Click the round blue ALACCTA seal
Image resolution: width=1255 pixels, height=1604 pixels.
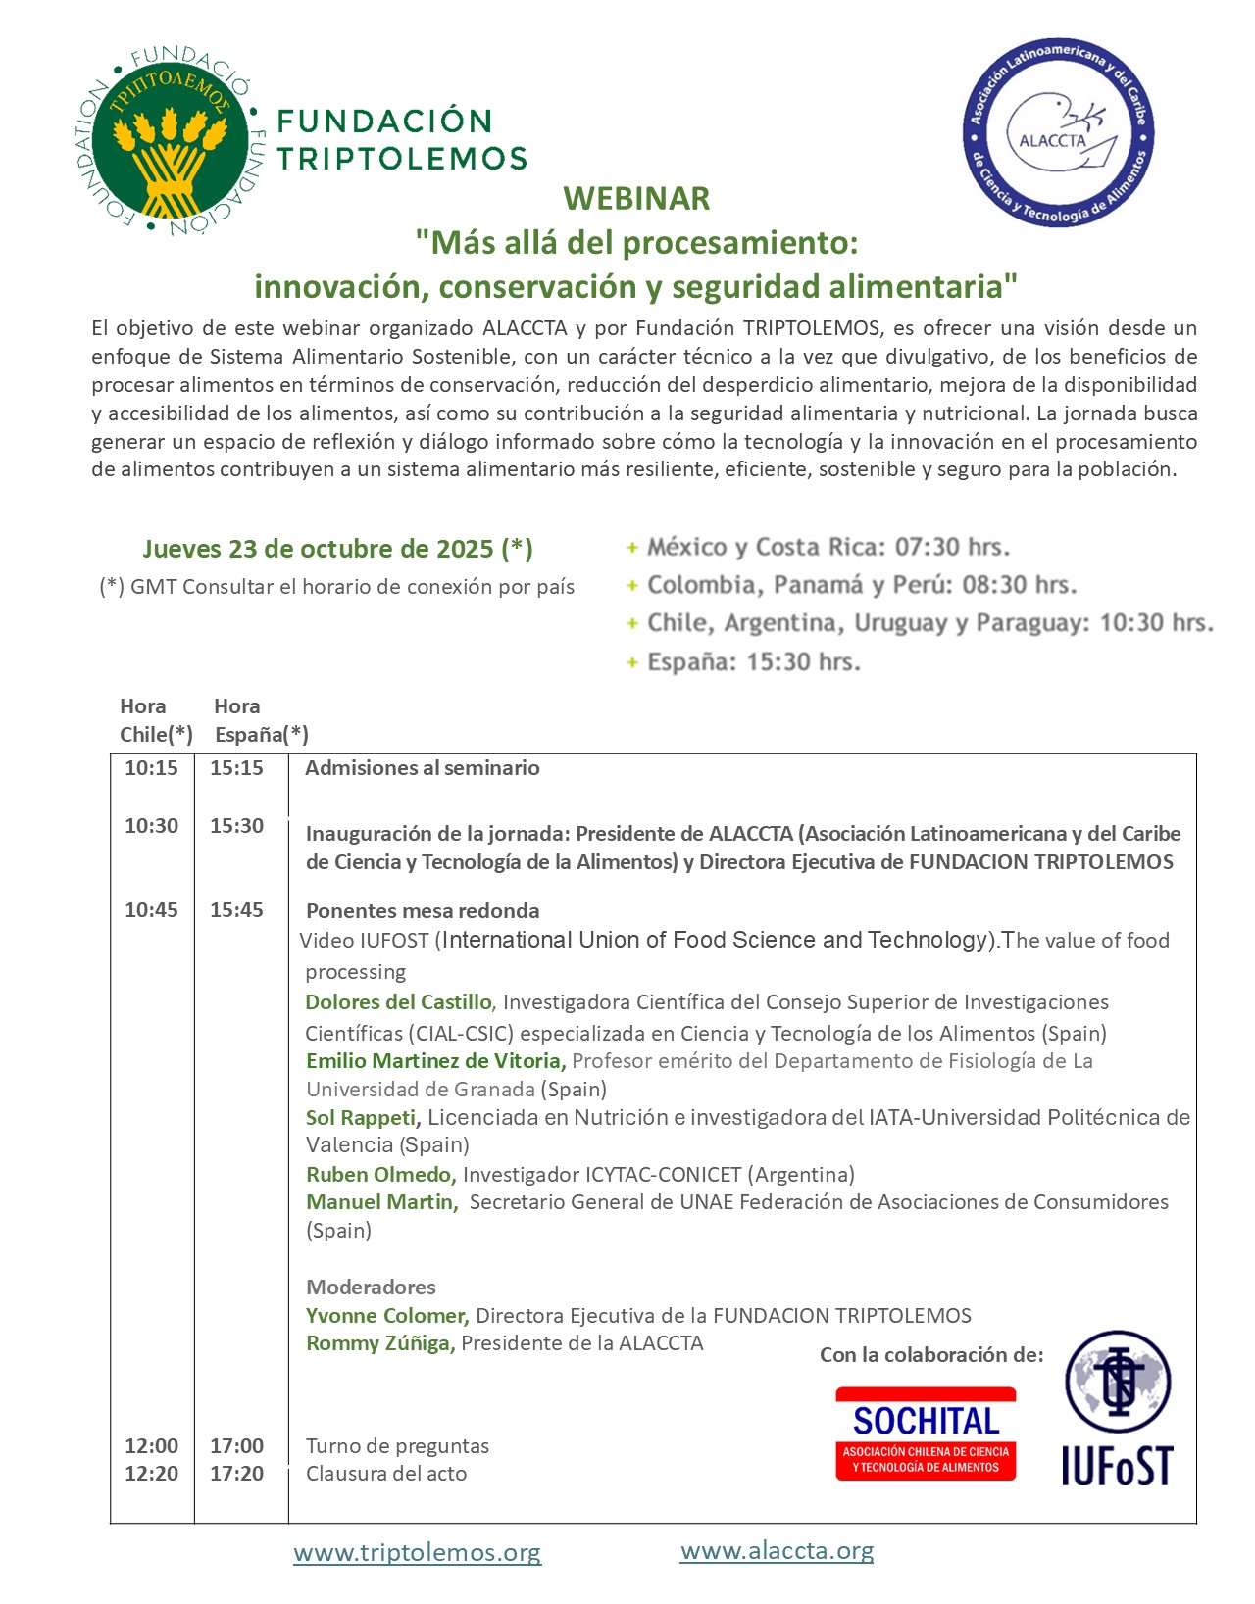pyautogui.click(x=1059, y=133)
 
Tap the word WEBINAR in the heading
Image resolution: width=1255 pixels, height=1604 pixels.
pyautogui.click(x=636, y=199)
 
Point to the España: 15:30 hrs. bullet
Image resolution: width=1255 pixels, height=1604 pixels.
pyautogui.click(x=753, y=662)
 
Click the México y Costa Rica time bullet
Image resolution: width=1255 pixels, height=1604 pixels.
pyautogui.click(x=828, y=547)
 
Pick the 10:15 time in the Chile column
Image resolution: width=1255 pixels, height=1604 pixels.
pyautogui.click(x=151, y=768)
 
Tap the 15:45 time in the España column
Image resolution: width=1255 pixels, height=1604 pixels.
pyautogui.click(x=236, y=910)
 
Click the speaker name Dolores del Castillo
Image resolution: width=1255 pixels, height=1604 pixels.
pyautogui.click(x=398, y=1002)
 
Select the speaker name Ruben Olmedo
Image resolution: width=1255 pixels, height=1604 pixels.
pyautogui.click(x=380, y=1174)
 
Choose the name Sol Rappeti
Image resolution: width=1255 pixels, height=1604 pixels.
pyautogui.click(x=362, y=1118)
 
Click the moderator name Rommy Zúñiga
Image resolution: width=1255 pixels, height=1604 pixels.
pyautogui.click(x=379, y=1343)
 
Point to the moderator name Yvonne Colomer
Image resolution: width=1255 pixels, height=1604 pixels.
pyautogui.click(x=386, y=1316)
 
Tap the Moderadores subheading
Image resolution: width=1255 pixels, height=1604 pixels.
pyautogui.click(x=371, y=1288)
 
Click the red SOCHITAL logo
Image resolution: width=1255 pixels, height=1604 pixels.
pyautogui.click(x=926, y=1433)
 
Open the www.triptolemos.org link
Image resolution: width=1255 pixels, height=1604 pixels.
pyautogui.click(x=417, y=1553)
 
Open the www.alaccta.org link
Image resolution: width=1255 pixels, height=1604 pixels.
pyautogui.click(x=777, y=1551)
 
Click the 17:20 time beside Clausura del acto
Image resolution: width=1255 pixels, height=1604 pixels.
pyautogui.click(x=236, y=1474)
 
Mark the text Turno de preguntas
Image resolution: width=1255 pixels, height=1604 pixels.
pyautogui.click(x=397, y=1446)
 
